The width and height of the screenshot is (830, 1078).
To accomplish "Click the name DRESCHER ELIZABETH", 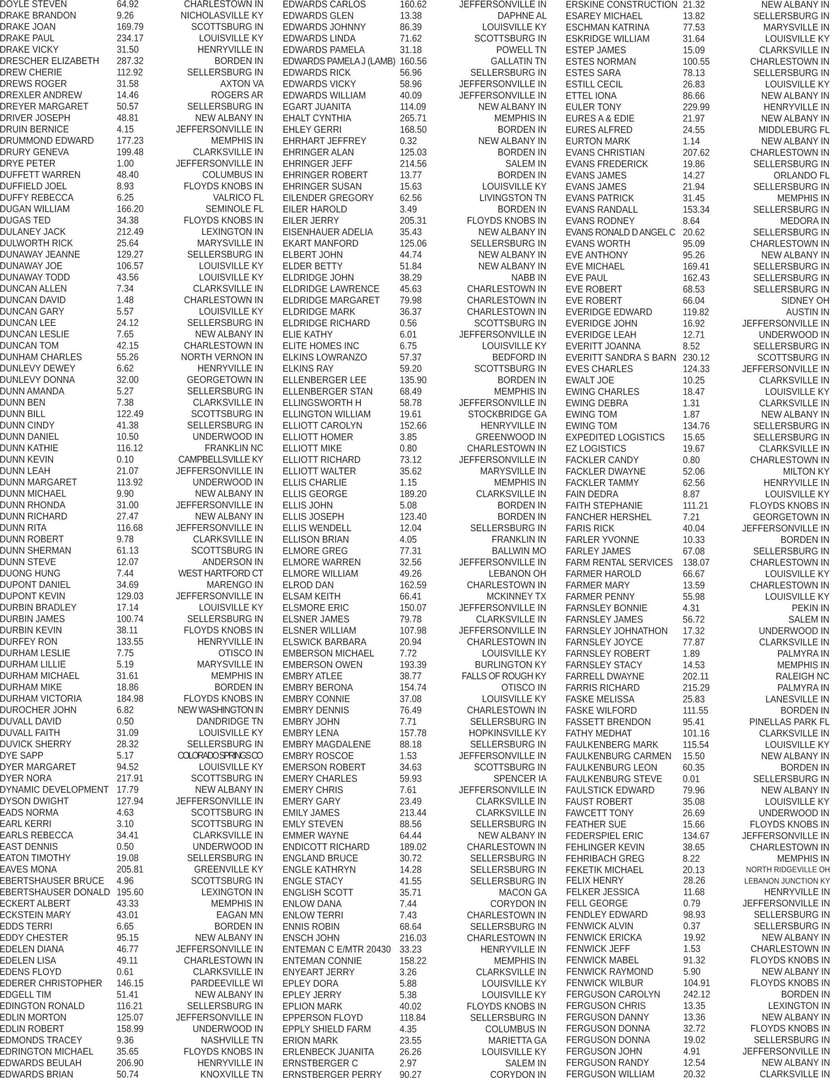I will [x=49, y=61].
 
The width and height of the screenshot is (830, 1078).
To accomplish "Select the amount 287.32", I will [x=130, y=61].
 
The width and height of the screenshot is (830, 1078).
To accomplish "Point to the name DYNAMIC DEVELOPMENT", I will [x=54, y=790].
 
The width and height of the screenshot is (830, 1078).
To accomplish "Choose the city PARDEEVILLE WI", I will [x=227, y=983].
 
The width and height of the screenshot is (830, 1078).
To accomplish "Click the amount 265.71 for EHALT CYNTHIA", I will [x=413, y=118].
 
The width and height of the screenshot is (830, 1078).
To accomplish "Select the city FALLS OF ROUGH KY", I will [x=503, y=676].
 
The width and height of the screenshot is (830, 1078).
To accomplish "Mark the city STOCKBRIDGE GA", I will [x=507, y=414].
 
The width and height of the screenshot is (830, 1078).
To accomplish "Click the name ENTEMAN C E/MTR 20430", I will [x=336, y=949].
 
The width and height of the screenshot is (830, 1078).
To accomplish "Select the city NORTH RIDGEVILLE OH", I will [x=787, y=870].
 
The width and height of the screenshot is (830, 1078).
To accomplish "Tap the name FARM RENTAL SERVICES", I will [x=619, y=562].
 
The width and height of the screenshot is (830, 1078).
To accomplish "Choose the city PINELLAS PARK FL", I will [x=789, y=722].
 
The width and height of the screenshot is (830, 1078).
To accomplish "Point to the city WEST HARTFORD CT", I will [x=221, y=574].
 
